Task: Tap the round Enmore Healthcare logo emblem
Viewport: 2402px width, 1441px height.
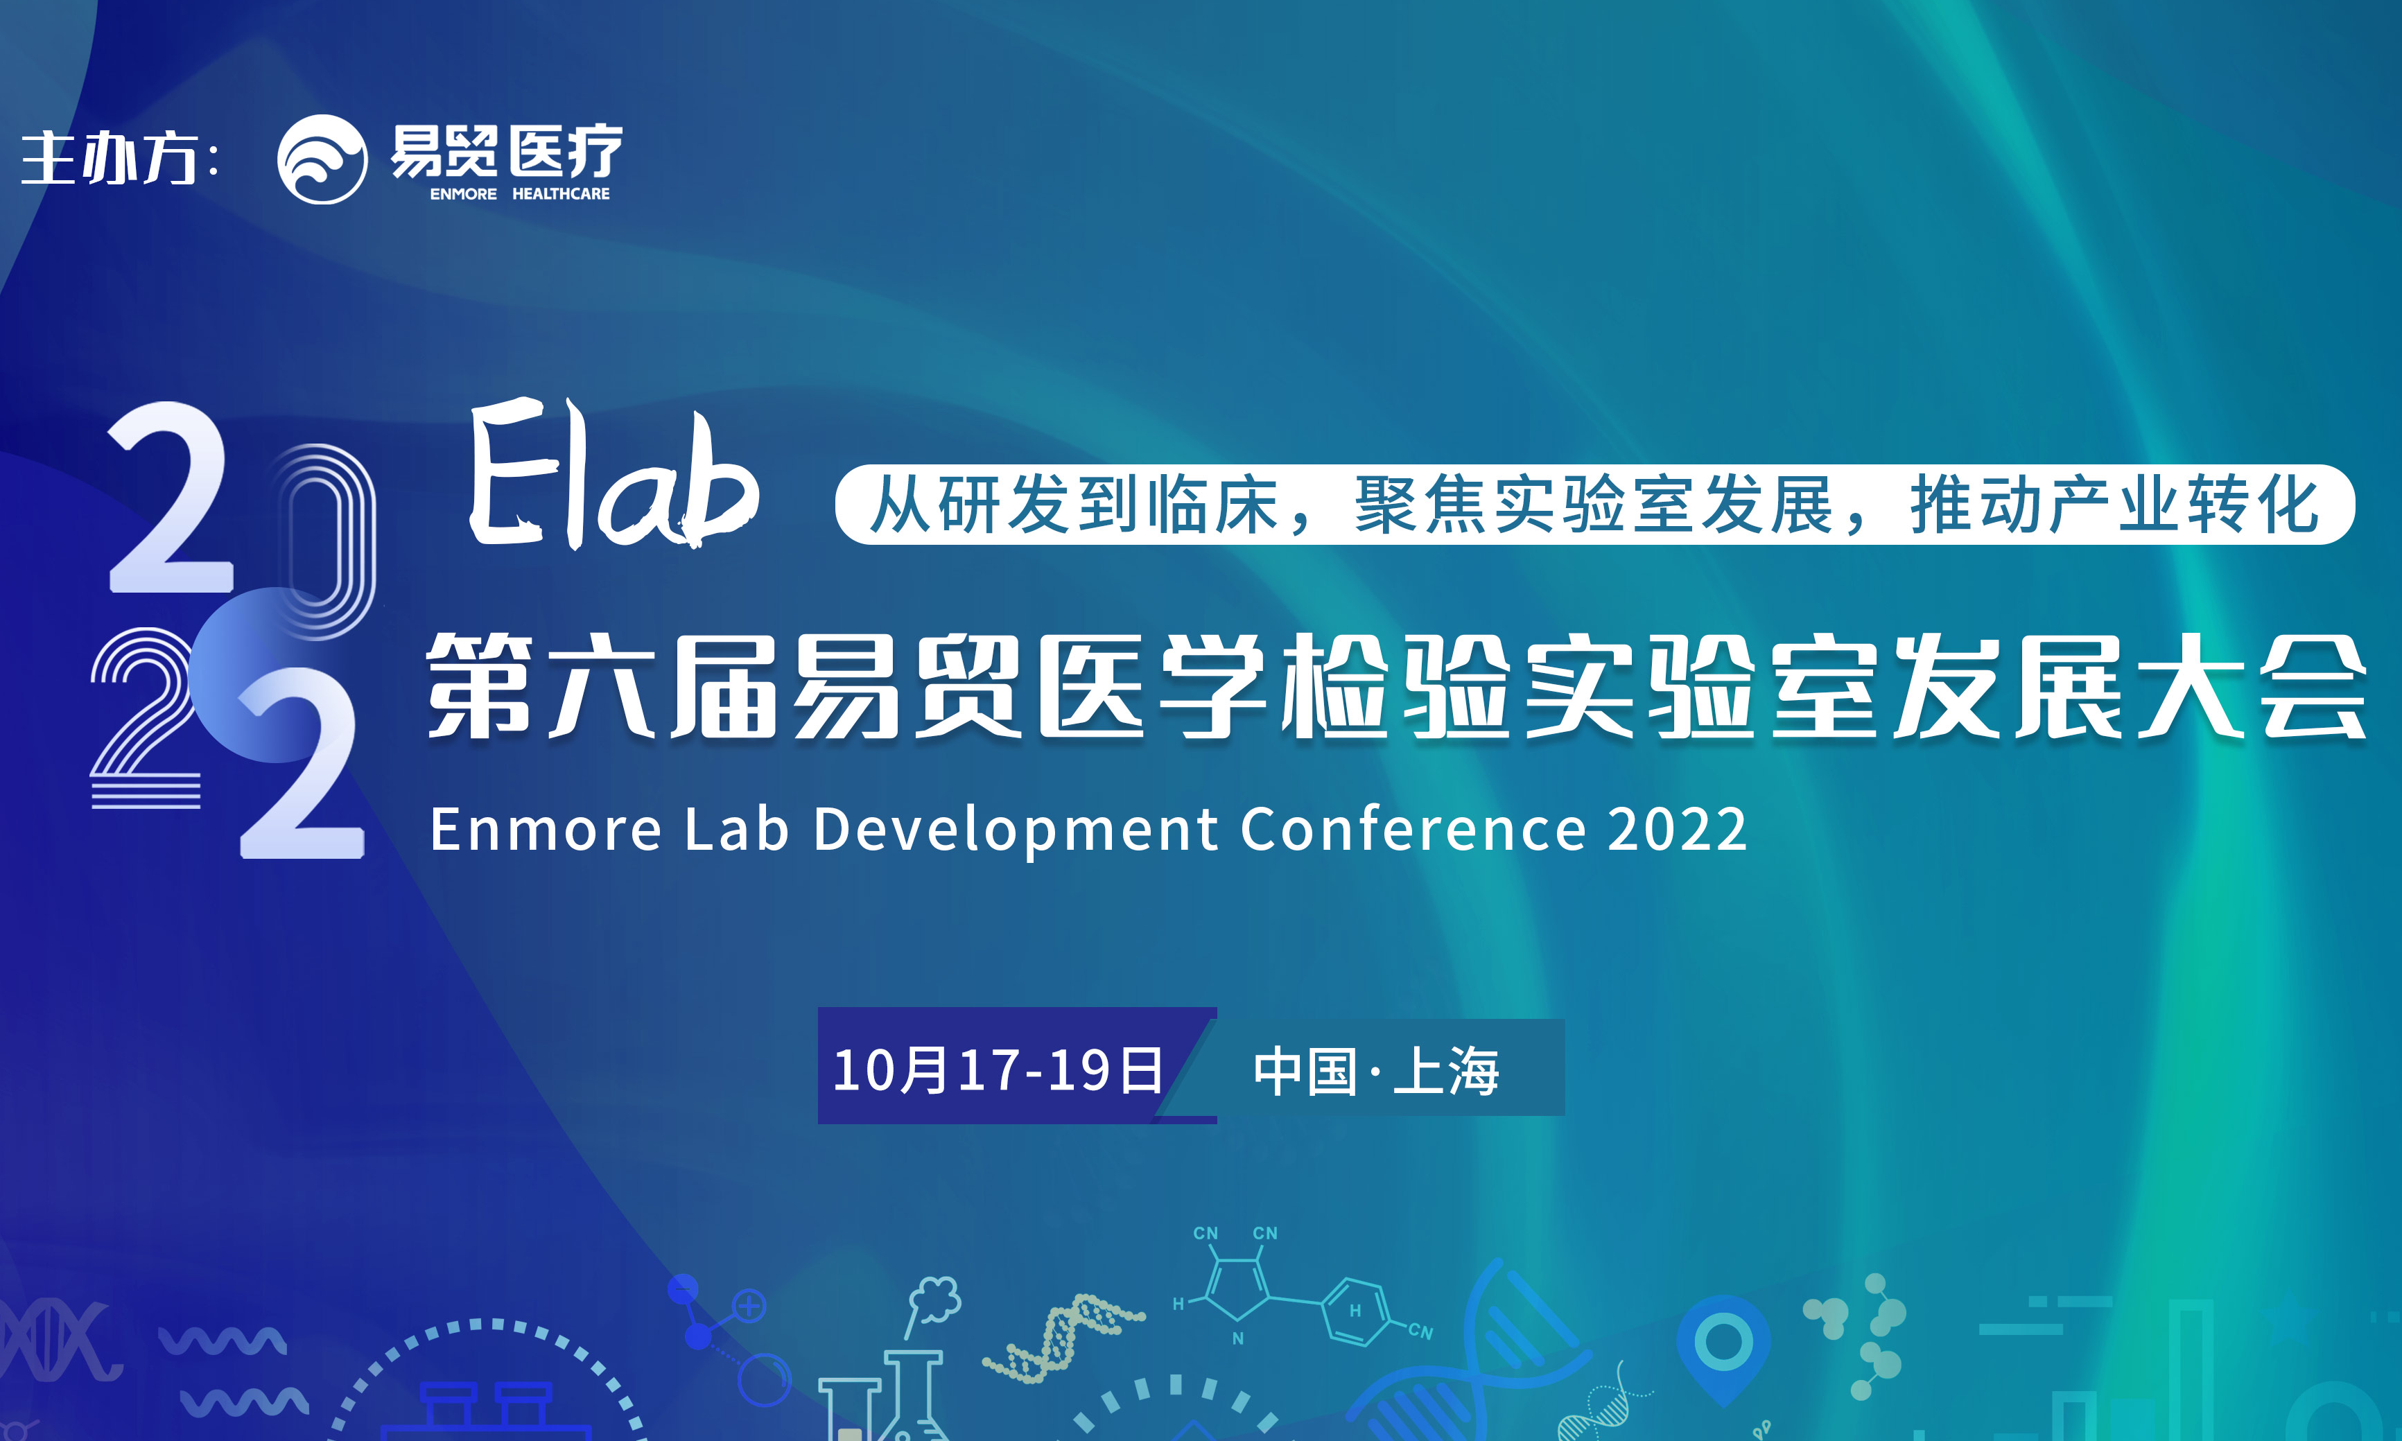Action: click(322, 159)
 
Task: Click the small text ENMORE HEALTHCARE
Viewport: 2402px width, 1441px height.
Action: click(519, 194)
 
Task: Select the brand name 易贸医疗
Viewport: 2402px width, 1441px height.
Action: click(506, 152)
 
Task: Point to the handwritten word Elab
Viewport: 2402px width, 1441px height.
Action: click(613, 474)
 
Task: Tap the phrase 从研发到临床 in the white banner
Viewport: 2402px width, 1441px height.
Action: click(1074, 505)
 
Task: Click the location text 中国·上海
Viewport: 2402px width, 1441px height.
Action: click(1376, 1071)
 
